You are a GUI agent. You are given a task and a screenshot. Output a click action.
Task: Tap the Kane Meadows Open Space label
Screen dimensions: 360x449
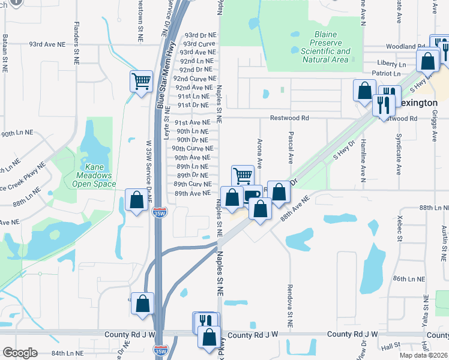click(92, 172)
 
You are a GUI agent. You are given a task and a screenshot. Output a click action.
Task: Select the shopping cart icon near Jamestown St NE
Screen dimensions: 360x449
click(140, 80)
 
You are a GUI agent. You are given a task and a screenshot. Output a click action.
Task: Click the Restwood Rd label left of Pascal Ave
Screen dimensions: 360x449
click(289, 118)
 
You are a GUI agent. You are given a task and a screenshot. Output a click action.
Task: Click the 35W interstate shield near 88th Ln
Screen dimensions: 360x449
click(158, 213)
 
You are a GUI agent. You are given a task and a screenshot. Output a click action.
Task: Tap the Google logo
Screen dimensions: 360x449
click(19, 353)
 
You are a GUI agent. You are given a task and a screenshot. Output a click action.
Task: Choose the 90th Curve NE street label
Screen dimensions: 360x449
click(192, 148)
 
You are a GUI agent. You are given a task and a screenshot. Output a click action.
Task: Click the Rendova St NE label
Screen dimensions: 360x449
click(290, 305)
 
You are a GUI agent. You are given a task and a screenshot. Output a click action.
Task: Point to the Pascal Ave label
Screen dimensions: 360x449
click(291, 148)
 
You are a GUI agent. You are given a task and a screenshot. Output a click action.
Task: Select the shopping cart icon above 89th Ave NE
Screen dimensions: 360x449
click(243, 175)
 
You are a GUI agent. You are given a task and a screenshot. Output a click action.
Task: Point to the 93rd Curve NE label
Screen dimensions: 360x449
click(199, 44)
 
